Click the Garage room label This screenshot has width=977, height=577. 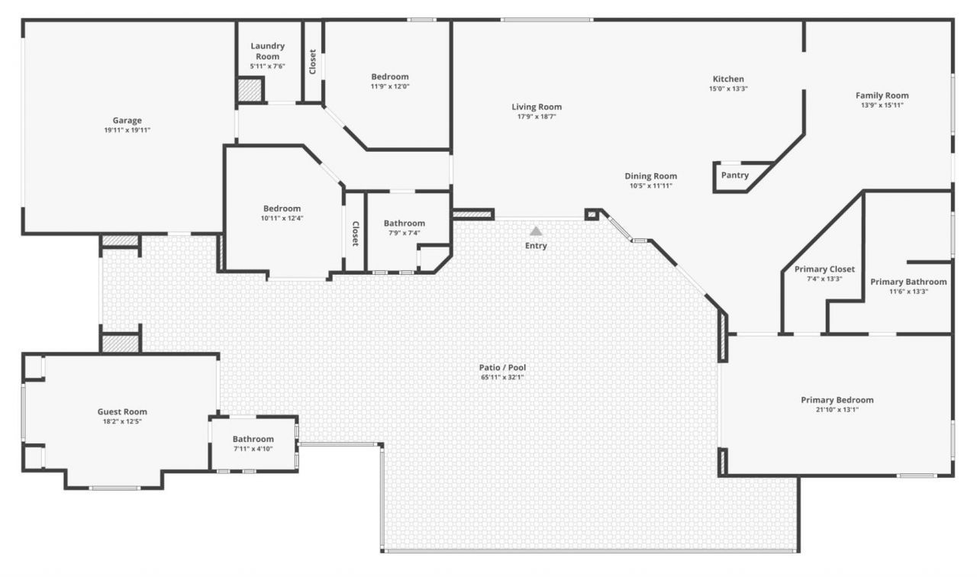click(x=127, y=120)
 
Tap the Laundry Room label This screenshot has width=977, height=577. click(x=267, y=51)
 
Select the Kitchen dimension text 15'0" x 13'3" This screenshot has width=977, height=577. click(x=727, y=89)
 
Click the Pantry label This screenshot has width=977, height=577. click(x=734, y=176)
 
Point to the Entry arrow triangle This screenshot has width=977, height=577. click(x=536, y=230)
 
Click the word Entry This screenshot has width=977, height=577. click(x=536, y=246)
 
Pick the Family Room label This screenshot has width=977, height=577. click(x=882, y=95)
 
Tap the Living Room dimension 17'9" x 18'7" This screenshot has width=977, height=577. click(x=536, y=117)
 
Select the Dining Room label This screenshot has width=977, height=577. click(x=650, y=176)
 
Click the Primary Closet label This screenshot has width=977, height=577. click(x=824, y=269)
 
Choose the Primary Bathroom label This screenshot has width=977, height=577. click(x=908, y=282)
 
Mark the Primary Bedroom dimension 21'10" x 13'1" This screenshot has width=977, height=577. click(x=837, y=410)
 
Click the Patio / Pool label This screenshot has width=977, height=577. click(x=501, y=367)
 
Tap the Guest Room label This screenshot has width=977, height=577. click(x=122, y=411)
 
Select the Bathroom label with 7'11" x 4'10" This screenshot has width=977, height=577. click(x=253, y=439)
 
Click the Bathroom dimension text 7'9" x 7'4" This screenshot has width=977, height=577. click(x=404, y=234)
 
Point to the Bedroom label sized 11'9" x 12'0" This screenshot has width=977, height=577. click(x=389, y=76)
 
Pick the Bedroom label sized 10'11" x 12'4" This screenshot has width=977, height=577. click(x=282, y=208)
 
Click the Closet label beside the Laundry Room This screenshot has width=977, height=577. click(x=313, y=62)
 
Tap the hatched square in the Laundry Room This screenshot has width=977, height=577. click(x=249, y=90)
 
